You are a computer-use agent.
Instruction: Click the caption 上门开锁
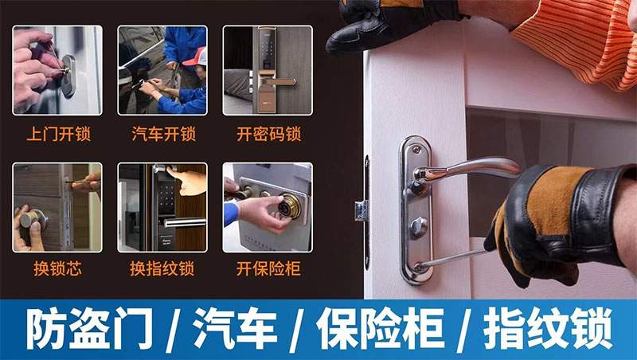pyautogui.click(x=57, y=133)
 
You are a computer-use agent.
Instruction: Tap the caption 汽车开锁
pyautogui.click(x=162, y=133)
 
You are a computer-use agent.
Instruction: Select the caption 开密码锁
pyautogui.click(x=268, y=133)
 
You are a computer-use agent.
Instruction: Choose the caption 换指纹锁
pyautogui.click(x=162, y=269)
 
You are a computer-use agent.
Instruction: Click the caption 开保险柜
pyautogui.click(x=268, y=269)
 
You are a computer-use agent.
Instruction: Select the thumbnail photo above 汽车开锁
pyautogui.click(x=162, y=70)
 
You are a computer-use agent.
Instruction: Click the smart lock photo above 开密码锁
pyautogui.click(x=268, y=70)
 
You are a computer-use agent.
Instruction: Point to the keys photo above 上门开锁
pyautogui.click(x=57, y=70)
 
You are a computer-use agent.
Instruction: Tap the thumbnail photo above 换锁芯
pyautogui.click(x=57, y=207)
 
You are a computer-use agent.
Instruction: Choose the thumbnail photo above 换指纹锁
pyautogui.click(x=162, y=207)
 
